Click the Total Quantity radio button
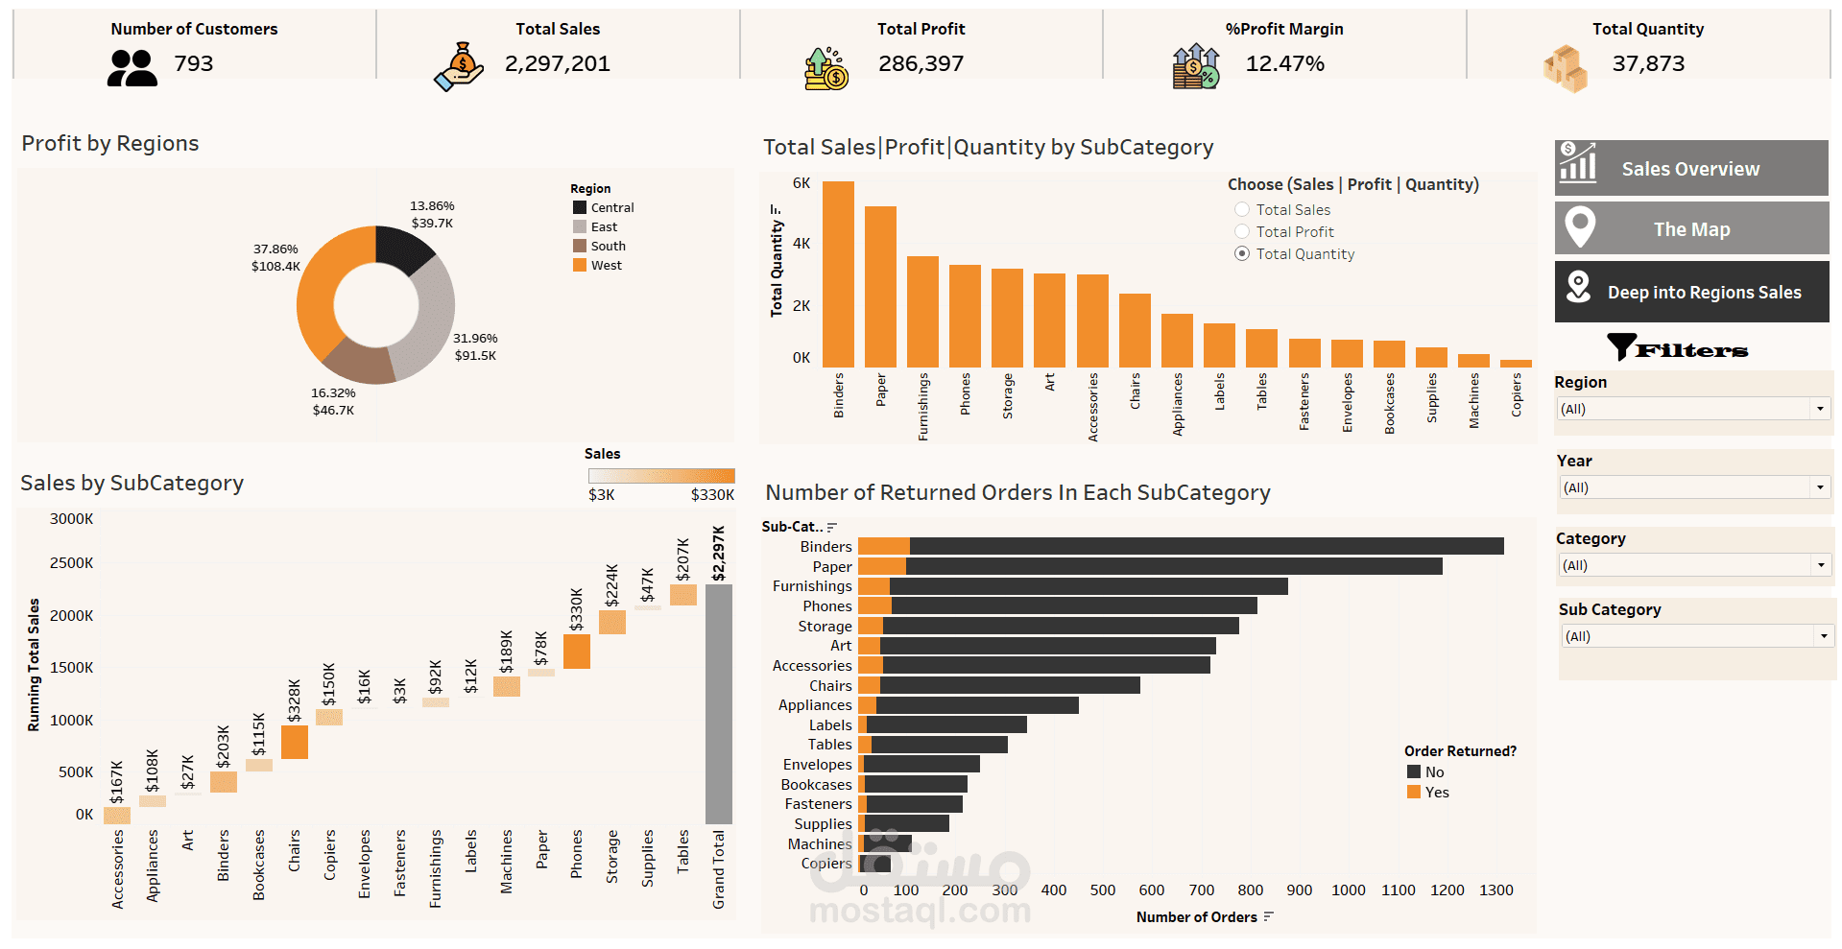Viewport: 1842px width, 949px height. coord(1242,254)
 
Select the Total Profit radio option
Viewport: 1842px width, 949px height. coord(1242,232)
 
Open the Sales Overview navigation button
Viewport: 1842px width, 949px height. coord(1690,169)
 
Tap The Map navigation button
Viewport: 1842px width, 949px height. coord(1690,229)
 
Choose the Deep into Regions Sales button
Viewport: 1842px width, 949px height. coord(1690,293)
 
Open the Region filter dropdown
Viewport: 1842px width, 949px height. coord(1694,410)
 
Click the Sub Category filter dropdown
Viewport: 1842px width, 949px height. coord(1696,636)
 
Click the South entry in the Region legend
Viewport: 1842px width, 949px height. coord(608,247)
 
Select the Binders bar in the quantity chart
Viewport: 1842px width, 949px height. coord(838,274)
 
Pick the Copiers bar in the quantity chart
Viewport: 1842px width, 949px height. coord(1516,364)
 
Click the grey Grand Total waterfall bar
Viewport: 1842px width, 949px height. coord(718,704)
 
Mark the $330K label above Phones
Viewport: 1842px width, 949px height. coord(577,609)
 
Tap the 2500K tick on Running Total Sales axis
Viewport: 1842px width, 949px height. coord(72,563)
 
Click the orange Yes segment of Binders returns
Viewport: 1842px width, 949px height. coord(883,547)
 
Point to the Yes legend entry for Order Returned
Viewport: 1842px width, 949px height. coord(1436,793)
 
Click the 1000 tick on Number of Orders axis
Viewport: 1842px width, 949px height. coord(1348,890)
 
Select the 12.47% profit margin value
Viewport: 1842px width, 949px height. coord(1284,64)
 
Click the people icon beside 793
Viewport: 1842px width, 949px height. coord(132,68)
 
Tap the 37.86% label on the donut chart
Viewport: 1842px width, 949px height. coord(275,249)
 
